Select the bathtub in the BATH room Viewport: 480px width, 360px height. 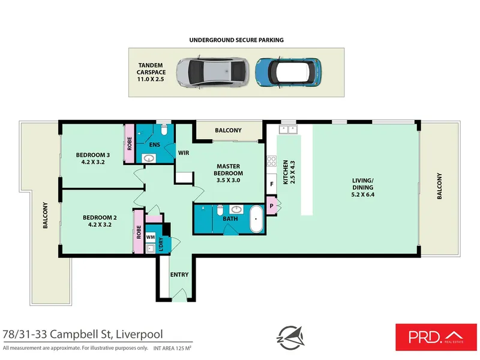pos(256,219)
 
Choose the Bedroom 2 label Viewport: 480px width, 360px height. pos(97,221)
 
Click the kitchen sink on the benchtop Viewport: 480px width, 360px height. pos(287,129)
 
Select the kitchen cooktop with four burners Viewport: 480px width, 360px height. pos(271,161)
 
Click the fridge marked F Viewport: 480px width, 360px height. pos(272,184)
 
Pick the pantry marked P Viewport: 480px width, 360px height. pos(272,206)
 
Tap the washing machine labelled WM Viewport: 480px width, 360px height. pos(151,236)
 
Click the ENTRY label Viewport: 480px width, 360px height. pos(179,275)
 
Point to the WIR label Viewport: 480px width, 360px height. pos(184,153)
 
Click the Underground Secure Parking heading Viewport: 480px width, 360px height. pos(236,40)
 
